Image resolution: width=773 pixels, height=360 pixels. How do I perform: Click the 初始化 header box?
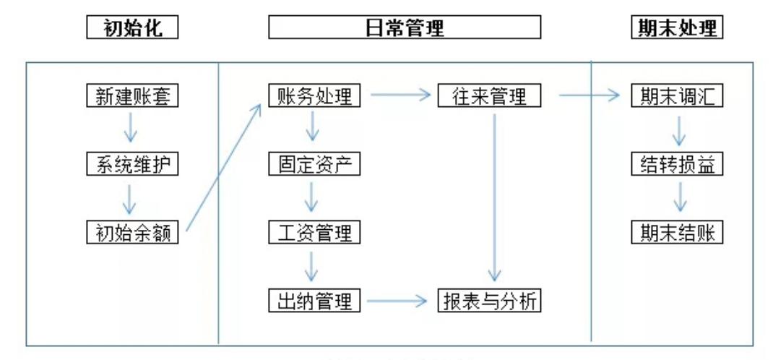pyautogui.click(x=131, y=28)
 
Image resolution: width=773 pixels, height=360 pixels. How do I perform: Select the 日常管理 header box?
pyautogui.click(x=405, y=28)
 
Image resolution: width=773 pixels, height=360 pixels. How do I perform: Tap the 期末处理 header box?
pyautogui.click(x=677, y=28)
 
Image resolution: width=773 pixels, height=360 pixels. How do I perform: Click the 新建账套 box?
pyautogui.click(x=131, y=95)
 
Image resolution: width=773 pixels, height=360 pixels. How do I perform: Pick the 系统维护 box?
pyautogui.click(x=131, y=164)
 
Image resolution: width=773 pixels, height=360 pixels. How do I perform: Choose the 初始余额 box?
pyautogui.click(x=131, y=232)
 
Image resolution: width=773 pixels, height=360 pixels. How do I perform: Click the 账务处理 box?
pyautogui.click(x=314, y=95)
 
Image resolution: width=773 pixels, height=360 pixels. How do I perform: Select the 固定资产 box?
pyautogui.click(x=314, y=164)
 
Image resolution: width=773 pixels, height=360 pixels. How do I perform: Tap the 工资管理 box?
pyautogui.click(x=314, y=232)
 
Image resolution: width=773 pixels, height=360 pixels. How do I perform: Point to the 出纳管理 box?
pyautogui.click(x=314, y=301)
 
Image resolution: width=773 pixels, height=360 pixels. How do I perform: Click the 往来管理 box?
pyautogui.click(x=489, y=95)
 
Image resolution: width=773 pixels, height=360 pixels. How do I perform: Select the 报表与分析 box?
pyautogui.click(x=489, y=301)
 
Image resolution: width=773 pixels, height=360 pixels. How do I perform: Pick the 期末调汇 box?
pyautogui.click(x=677, y=95)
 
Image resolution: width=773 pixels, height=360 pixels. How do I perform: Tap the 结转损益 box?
pyautogui.click(x=677, y=164)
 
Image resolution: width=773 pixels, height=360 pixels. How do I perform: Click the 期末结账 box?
pyautogui.click(x=677, y=232)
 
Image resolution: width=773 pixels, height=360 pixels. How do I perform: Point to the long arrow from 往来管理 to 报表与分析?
pyautogui.click(x=494, y=195)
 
